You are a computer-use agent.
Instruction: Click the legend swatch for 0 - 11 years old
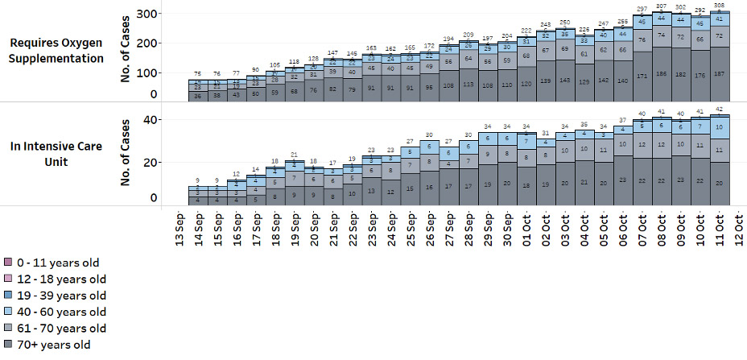(x=7, y=263)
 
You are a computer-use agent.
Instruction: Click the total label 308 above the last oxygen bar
(x=720, y=5)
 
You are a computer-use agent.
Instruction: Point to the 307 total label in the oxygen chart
(x=662, y=6)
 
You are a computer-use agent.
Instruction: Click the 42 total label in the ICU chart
(x=720, y=110)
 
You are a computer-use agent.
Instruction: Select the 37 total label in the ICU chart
(x=623, y=120)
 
